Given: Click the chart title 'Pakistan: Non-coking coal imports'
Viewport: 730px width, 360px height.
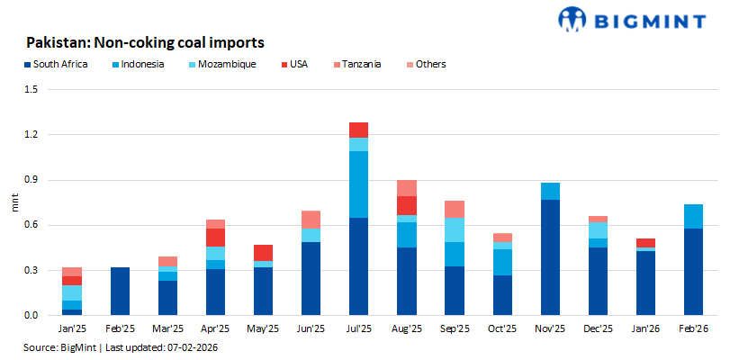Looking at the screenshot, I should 144,41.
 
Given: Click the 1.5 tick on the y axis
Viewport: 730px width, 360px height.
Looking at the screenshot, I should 32,90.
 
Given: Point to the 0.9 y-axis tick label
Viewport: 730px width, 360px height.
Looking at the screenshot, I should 32,180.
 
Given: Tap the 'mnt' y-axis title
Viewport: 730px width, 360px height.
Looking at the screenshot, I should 14,202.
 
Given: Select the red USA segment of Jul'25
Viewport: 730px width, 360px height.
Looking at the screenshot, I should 359,130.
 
